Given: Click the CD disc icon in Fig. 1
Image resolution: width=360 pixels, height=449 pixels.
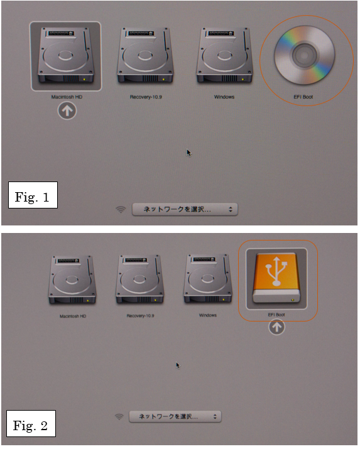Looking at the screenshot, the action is (x=304, y=55).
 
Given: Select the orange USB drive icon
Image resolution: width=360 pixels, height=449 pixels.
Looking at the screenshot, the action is (x=276, y=278).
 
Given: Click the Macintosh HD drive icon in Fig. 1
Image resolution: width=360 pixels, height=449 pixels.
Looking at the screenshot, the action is (x=66, y=56).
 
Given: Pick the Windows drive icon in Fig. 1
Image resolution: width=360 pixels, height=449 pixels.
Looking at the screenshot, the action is (x=224, y=56).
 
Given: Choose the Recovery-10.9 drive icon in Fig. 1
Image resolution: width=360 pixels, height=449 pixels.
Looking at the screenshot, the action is (x=145, y=56).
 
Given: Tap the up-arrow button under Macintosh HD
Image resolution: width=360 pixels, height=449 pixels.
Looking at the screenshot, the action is (x=67, y=111).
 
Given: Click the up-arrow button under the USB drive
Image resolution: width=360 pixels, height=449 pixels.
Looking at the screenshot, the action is (x=276, y=327).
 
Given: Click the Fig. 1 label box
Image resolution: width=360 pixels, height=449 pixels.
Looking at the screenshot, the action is (x=33, y=195).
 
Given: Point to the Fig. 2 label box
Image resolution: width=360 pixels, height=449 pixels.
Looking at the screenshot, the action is (x=31, y=423).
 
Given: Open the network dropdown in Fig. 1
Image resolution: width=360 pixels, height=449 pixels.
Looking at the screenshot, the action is (x=185, y=209).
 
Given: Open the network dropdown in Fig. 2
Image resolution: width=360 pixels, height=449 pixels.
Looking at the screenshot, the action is (x=175, y=416).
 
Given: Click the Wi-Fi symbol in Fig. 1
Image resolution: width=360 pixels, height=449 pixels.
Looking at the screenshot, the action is (x=121, y=210).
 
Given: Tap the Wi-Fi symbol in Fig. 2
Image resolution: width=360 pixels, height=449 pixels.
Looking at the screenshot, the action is (x=119, y=416).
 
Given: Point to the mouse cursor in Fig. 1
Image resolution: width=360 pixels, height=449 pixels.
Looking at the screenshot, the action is (x=188, y=153).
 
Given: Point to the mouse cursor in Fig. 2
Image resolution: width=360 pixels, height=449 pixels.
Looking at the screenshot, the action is (x=178, y=365).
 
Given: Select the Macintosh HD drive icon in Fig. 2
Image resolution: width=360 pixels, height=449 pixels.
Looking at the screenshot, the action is (x=72, y=280).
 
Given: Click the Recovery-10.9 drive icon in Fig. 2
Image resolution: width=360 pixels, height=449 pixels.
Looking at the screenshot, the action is (x=139, y=279).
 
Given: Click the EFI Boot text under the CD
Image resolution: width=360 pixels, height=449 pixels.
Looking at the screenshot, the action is (x=303, y=97).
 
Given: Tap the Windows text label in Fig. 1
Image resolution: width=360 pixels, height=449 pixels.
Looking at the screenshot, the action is (x=224, y=97).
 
